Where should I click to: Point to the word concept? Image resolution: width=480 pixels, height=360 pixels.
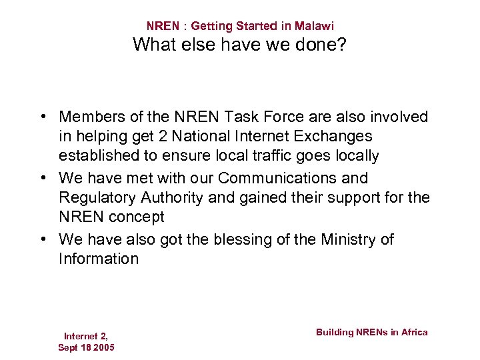(138, 217)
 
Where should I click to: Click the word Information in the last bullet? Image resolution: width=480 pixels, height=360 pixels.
(99, 259)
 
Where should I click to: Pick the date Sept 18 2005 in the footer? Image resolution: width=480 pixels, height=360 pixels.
(86, 348)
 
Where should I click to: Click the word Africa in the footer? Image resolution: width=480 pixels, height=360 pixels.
(413, 332)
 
